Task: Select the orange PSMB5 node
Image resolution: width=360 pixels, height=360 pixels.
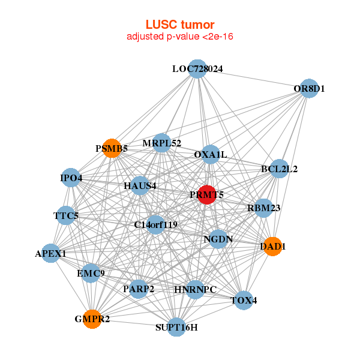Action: click(x=112, y=148)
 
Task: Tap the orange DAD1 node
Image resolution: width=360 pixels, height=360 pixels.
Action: click(x=272, y=247)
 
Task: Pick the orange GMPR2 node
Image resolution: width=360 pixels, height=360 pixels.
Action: click(x=92, y=319)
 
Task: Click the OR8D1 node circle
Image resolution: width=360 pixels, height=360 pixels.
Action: click(x=308, y=89)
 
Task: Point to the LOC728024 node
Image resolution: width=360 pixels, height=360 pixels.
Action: click(x=197, y=69)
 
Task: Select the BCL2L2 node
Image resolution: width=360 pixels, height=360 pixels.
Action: click(x=279, y=169)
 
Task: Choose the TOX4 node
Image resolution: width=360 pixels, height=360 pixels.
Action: click(x=243, y=300)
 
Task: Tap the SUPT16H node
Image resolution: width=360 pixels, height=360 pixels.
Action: click(x=176, y=327)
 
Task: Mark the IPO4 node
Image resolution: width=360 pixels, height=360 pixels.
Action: click(x=71, y=178)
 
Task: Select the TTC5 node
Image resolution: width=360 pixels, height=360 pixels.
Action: click(x=65, y=215)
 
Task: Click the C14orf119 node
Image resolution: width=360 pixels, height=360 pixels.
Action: click(x=155, y=226)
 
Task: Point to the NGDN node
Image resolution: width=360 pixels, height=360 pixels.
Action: click(x=218, y=239)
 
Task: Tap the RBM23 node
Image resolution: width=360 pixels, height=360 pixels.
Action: click(x=264, y=208)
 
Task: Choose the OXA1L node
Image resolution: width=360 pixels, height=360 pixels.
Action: click(x=210, y=155)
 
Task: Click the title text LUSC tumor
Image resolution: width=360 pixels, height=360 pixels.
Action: click(x=179, y=25)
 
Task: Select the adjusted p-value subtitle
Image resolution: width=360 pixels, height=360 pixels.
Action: click(x=179, y=37)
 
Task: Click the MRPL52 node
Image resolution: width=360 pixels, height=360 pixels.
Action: click(x=161, y=143)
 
